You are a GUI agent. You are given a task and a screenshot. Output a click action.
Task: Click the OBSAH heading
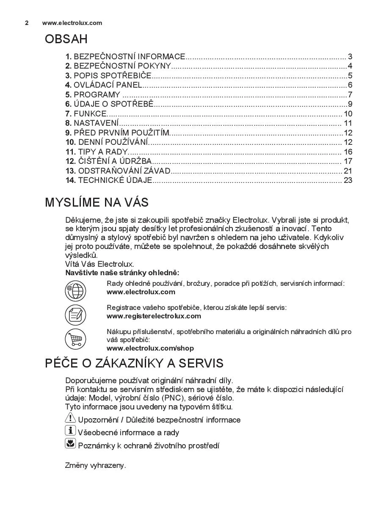pyautogui.click(x=66, y=39)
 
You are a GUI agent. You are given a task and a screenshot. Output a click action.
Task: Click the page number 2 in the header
pyautogui.click(x=27, y=23)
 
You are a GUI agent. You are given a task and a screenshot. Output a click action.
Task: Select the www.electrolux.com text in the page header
pyautogui.click(x=72, y=23)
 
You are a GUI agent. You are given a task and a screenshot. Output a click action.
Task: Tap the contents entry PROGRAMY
pyautogui.click(x=97, y=95)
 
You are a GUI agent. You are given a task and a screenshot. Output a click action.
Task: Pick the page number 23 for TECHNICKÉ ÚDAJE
pyautogui.click(x=348, y=180)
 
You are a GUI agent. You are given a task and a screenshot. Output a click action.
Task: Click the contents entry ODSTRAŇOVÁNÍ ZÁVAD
pyautogui.click(x=124, y=171)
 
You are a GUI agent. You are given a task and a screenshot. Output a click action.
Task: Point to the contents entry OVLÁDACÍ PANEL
pyautogui.click(x=108, y=85)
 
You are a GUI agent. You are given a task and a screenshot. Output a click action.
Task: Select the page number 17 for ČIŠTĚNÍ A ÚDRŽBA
pyautogui.click(x=348, y=161)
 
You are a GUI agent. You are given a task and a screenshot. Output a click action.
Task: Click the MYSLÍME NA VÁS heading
pyautogui.click(x=97, y=202)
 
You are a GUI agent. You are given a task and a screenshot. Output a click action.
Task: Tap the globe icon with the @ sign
pyautogui.click(x=75, y=291)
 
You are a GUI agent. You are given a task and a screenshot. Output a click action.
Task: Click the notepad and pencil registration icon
pyautogui.click(x=75, y=315)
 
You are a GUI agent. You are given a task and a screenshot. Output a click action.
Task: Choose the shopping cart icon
pyautogui.click(x=75, y=339)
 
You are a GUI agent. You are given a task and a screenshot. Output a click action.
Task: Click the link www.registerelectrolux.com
pyautogui.click(x=154, y=316)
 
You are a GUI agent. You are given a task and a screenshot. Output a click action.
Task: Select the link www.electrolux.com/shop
pyautogui.click(x=150, y=348)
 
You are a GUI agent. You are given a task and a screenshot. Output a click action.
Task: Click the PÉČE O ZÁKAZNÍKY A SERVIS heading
pyautogui.click(x=134, y=363)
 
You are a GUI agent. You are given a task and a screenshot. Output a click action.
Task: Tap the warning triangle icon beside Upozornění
pyautogui.click(x=70, y=419)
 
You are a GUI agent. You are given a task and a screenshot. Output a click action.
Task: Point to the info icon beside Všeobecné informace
pyautogui.click(x=70, y=431)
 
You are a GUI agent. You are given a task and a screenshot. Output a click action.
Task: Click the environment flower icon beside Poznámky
pyautogui.click(x=70, y=444)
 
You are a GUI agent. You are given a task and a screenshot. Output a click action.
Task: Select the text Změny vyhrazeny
pyautogui.click(x=95, y=465)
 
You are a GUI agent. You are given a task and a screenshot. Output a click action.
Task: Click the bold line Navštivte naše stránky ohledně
pyautogui.click(x=122, y=273)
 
